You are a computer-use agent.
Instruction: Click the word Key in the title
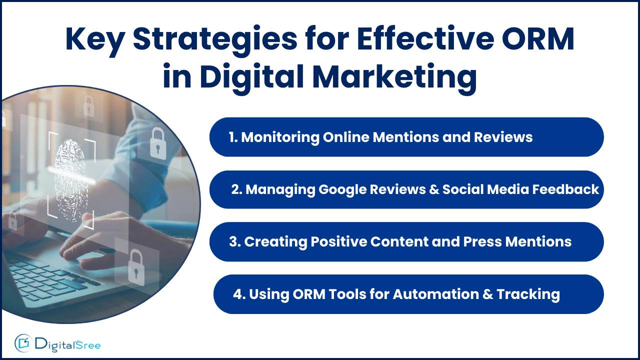[x=95, y=40]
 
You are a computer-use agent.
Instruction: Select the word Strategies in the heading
[x=215, y=40]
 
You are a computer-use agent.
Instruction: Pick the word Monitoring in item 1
[x=280, y=137]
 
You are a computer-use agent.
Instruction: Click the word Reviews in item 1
[x=503, y=137]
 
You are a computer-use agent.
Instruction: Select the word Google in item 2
[x=342, y=190]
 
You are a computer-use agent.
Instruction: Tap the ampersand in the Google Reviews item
[x=433, y=189]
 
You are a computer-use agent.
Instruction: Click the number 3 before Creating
[x=233, y=241]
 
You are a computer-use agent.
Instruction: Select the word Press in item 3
[x=482, y=241]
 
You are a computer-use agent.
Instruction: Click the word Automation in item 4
[x=435, y=294]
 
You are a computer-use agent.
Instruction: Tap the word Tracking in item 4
[x=528, y=294]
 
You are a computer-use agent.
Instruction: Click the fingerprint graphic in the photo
[x=71, y=180]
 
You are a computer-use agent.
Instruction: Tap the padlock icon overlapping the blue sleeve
[x=158, y=143]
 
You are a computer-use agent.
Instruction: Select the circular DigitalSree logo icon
[x=23, y=343]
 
